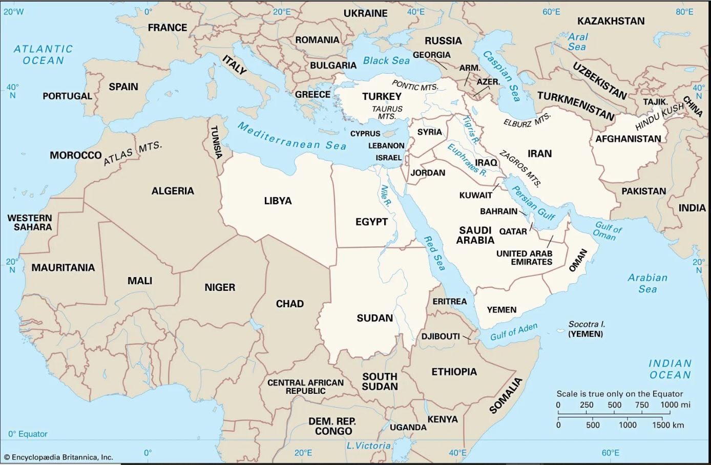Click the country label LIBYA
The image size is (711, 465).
coord(278,201)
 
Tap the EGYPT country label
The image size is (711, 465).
coord(371,222)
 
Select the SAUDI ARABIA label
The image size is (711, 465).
coord(475,235)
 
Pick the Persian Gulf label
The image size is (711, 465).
coord(533,203)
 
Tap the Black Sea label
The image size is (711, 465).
coord(386,60)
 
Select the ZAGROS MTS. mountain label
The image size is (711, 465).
coord(520,168)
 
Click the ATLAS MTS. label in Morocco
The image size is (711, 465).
coord(133,153)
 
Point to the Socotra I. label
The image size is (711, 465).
coord(587,324)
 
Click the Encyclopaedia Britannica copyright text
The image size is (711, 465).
coord(58,457)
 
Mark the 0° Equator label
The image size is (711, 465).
coord(28,434)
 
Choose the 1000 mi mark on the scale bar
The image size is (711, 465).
coord(675,405)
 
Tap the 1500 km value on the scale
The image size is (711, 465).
coord(667,425)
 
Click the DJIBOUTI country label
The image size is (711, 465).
coord(441,336)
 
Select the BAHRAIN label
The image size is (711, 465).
coord(498,211)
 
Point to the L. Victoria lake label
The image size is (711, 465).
coord(368,446)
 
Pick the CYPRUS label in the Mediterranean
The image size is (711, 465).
coord(365,133)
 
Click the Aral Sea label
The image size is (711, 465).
coord(577,41)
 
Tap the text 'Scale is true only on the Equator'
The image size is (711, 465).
coord(620,394)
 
